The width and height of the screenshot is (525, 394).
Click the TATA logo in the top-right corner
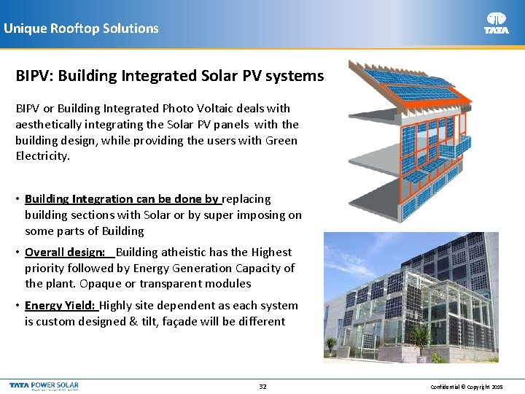pos(497,23)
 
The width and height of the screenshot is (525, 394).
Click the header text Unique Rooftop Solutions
pos(81,28)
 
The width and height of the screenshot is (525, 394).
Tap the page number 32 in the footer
pos(262,386)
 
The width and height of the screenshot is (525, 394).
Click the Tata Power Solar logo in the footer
pos(44,385)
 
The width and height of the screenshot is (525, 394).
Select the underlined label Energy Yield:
pos(61,305)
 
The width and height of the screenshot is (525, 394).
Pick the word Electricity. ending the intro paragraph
pos(43,156)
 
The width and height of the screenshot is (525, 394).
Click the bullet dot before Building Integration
pos(18,198)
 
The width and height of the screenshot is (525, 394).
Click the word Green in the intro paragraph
pos(280,140)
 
